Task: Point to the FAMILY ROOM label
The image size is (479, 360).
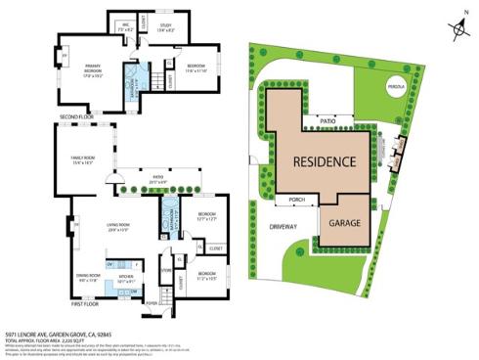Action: pyautogui.click(x=81, y=160)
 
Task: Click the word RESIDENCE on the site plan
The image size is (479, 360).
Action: pyautogui.click(x=327, y=159)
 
